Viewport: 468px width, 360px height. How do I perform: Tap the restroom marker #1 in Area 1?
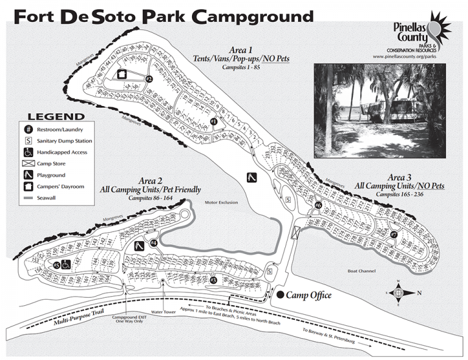213,121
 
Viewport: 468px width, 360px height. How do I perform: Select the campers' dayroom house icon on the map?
122,75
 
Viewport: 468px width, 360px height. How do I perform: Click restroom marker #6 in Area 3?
318,206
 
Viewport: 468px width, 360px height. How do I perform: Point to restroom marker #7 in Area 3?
394,235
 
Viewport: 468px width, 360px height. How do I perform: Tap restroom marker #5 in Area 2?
55,265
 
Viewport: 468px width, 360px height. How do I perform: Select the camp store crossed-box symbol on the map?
297,232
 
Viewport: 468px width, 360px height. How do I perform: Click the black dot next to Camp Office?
279,295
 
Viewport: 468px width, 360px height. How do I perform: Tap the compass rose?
399,292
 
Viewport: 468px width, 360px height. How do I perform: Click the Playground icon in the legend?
28,175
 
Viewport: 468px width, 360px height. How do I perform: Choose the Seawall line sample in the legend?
28,199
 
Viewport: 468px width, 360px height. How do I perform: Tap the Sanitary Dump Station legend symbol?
28,141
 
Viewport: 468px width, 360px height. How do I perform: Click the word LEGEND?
57,117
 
